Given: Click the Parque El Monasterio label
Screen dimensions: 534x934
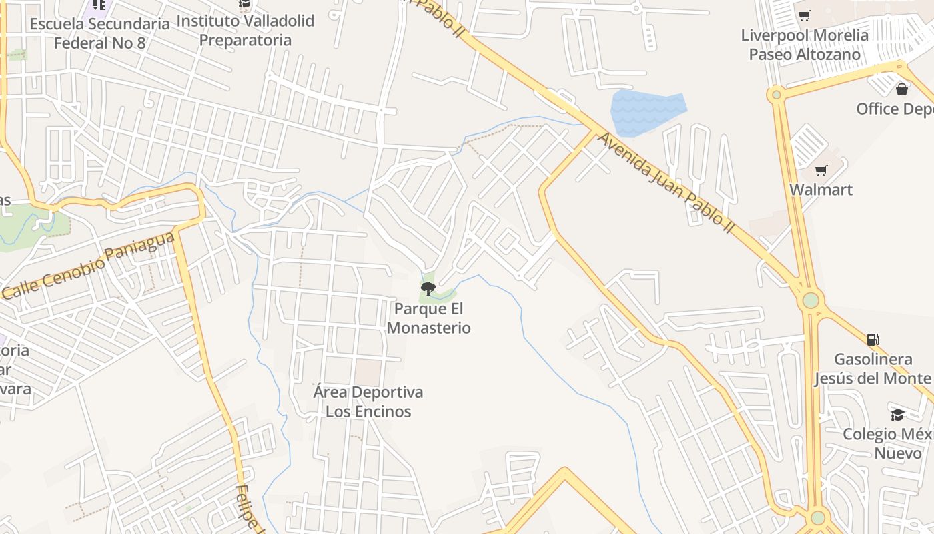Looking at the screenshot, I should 428,318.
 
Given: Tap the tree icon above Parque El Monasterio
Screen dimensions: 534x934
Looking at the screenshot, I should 428,288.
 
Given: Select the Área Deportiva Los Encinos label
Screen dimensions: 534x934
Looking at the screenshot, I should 368,401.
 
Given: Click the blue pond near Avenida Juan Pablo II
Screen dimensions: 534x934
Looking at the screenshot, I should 646,111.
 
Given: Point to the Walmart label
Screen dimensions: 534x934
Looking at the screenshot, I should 821,190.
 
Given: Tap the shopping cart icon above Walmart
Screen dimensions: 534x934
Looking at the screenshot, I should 821,171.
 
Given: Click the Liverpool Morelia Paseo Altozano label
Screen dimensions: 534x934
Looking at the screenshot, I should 805,45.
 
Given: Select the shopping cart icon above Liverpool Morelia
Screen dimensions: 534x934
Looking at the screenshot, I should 805,15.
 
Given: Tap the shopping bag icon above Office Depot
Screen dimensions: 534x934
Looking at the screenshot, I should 902,89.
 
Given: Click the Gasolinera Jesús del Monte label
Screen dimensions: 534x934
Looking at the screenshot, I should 872,368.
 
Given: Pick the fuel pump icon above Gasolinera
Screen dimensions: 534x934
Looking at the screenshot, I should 873,340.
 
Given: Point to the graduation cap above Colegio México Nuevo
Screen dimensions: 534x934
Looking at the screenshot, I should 898,415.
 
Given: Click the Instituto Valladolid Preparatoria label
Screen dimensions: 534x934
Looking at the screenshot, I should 245,30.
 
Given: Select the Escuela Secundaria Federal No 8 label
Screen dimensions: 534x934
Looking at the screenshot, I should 99,33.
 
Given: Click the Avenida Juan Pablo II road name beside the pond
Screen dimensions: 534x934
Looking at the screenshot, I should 666,182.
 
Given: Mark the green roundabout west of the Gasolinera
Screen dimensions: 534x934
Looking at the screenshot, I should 811,300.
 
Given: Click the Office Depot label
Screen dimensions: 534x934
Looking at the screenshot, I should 894,109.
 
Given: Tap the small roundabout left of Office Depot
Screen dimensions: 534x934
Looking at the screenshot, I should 776,95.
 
